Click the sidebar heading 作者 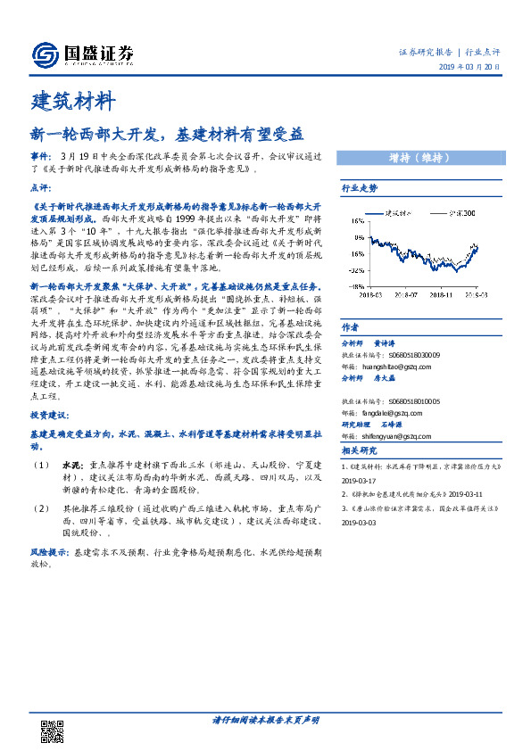350,301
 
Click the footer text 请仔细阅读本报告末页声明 265,719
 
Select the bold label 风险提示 49,552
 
